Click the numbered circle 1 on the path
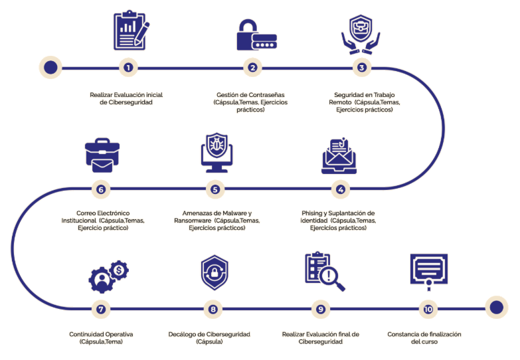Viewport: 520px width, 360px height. pyautogui.click(x=128, y=67)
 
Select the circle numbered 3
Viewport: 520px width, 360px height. pyautogui.click(x=361, y=67)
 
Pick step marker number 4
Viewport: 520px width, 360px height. pyautogui.click(x=341, y=189)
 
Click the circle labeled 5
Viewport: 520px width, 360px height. pyautogui.click(x=215, y=189)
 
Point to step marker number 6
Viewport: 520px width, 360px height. pyautogui.click(x=100, y=189)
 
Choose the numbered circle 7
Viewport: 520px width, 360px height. pyautogui.click(x=100, y=309)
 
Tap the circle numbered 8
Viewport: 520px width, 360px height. pyautogui.click(x=213, y=309)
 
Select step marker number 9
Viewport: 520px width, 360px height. pyautogui.click(x=321, y=309)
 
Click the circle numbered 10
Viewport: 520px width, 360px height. pyautogui.click(x=428, y=309)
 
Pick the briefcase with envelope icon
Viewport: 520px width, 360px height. pyautogui.click(x=102, y=154)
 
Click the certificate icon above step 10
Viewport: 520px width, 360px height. pyautogui.click(x=428, y=271)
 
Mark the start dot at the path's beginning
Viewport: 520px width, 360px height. pyautogui.click(x=50, y=67)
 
